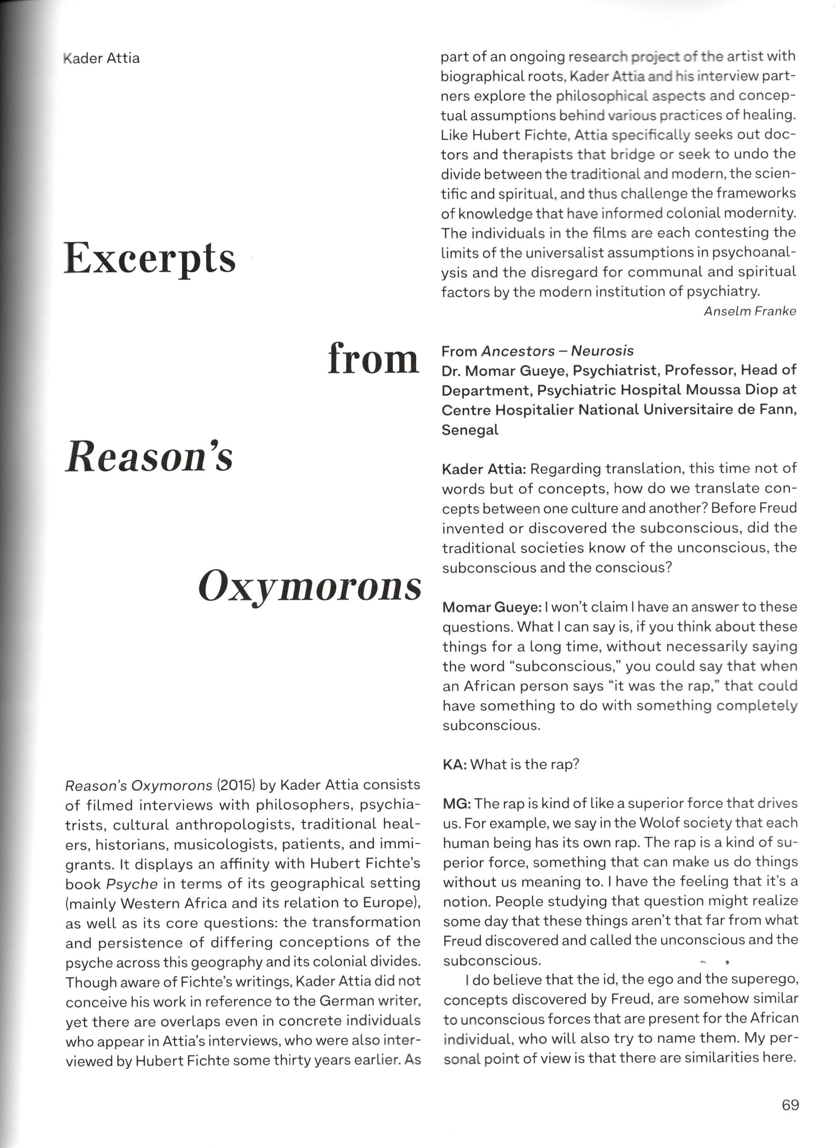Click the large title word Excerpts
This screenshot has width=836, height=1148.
150,258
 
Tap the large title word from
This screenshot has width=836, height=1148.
374,359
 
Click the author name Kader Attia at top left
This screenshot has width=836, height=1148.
102,58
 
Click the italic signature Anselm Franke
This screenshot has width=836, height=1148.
749,311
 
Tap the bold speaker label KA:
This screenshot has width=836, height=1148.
454,764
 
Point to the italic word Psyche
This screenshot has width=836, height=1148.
132,884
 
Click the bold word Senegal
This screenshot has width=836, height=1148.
470,430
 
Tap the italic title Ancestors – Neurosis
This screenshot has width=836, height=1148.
557,351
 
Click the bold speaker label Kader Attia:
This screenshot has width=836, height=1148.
483,469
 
